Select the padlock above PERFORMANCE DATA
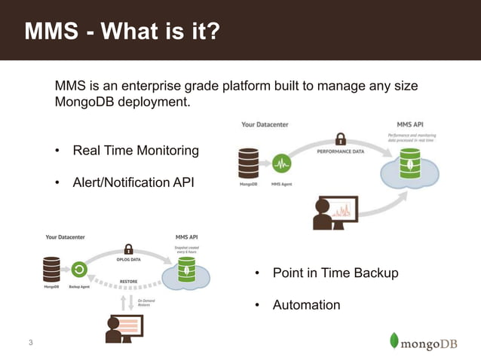click(340, 139)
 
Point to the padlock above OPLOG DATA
click(128, 249)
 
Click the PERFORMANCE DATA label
click(340, 151)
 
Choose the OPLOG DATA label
click(129, 260)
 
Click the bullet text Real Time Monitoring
click(135, 151)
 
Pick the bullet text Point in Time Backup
click(335, 273)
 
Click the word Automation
click(306, 305)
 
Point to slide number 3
click(30, 343)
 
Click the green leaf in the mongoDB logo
click(394, 340)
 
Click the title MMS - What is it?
click(122, 32)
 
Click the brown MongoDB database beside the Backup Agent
click(51, 268)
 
